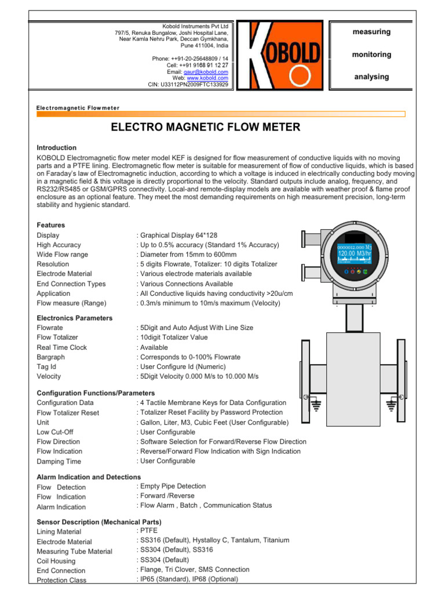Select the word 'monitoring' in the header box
pos(371,55)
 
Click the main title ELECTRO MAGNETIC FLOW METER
pos(205,127)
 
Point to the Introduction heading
pos(56,148)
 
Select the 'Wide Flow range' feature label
pos(63,255)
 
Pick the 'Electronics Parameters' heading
pos(75,318)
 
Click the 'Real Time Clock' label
pos(62,347)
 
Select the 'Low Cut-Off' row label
pos(55,432)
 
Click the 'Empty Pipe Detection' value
pos(173,486)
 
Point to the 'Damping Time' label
pos(59,462)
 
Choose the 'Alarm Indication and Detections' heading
pos(89,477)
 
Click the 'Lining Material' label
pos(59,531)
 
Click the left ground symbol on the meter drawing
pos(317,404)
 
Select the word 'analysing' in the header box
pos(371,77)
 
